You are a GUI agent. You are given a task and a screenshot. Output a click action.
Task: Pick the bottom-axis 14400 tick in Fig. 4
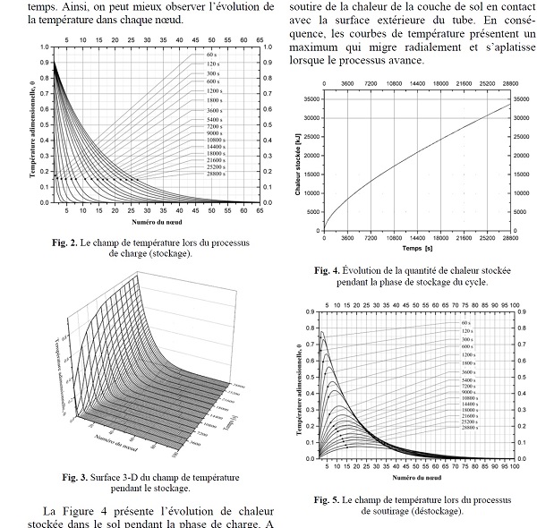[x=417, y=240]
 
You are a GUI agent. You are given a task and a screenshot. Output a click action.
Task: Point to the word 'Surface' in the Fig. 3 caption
[x=106, y=476]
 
